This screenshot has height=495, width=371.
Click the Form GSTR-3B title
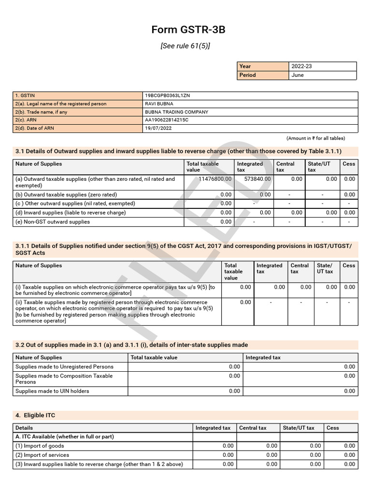coord(188,30)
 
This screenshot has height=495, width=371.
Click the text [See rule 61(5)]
coord(185,46)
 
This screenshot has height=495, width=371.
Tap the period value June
coord(298,75)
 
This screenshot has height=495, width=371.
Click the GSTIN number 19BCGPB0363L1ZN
coord(167,96)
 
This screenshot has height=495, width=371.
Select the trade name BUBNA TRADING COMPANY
coord(176,112)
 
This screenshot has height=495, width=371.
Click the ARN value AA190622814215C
coord(167,120)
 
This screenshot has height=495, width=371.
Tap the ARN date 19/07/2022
coord(158,129)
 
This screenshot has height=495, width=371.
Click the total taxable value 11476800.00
coord(215,179)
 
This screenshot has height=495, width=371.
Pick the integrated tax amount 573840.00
coord(257,179)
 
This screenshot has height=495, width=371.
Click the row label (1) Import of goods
coord(40,446)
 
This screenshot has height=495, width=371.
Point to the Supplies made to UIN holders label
coord(52,391)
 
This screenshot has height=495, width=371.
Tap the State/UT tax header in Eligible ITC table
coord(299,428)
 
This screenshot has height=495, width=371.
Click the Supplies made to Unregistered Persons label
coord(64,367)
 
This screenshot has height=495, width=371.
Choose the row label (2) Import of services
coord(42,455)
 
